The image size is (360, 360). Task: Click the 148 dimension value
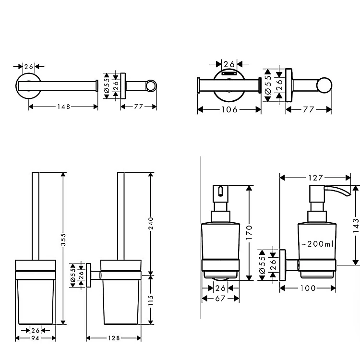click(x=63, y=107)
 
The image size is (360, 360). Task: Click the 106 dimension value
click(x=229, y=109)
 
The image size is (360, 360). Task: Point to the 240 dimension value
click(x=150, y=223)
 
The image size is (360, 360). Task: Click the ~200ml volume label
click(x=317, y=244)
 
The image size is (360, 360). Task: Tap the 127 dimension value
click(x=315, y=178)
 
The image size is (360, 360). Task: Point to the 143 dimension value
click(x=356, y=225)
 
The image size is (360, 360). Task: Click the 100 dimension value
click(x=308, y=288)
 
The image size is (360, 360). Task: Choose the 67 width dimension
click(x=220, y=299)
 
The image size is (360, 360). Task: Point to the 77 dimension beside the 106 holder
click(x=309, y=109)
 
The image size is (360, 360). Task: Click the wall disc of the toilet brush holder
click(x=89, y=276)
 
